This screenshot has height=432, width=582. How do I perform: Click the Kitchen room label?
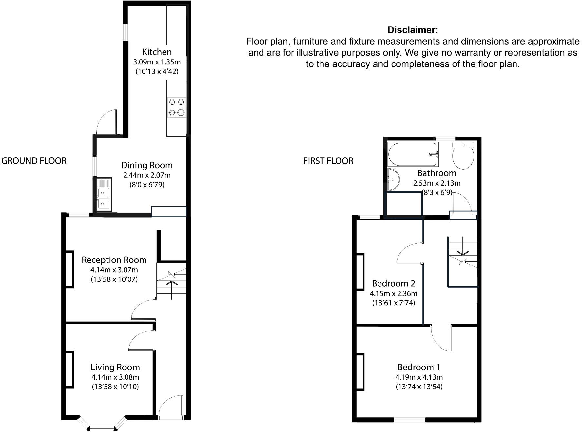tap(157, 52)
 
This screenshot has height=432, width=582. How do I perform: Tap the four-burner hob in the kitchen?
tap(177, 107)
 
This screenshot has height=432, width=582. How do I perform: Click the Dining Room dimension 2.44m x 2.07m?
tap(147, 175)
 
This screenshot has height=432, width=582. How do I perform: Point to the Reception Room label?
tap(114, 260)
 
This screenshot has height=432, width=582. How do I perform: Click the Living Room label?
tap(115, 367)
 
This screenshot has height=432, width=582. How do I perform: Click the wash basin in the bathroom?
tap(393, 179)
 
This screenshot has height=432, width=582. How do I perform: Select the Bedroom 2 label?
tap(394, 283)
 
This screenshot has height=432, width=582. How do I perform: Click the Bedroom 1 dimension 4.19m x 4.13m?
tap(419, 377)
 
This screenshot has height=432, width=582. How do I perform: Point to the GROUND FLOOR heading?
tap(34, 161)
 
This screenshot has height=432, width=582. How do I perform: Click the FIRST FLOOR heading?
tap(328, 161)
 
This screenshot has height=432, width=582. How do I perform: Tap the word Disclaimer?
tap(413, 30)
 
